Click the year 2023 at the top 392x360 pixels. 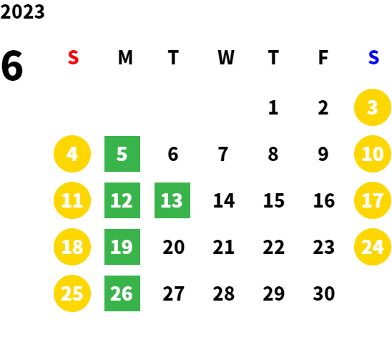click(x=22, y=11)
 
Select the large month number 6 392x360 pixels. click(x=11, y=66)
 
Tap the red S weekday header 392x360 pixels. click(x=73, y=57)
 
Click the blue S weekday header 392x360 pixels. click(x=373, y=57)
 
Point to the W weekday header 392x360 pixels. click(x=226, y=57)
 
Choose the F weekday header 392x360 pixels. click(x=323, y=57)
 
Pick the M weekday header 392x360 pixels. click(x=125, y=57)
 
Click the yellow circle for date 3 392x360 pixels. click(x=373, y=107)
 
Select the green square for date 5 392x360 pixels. click(x=122, y=154)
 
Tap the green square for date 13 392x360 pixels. click(x=172, y=200)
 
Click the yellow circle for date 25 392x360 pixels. click(x=72, y=293)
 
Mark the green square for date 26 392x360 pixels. click(x=122, y=293)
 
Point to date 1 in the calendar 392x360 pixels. click(x=273, y=107)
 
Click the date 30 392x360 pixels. click(x=323, y=293)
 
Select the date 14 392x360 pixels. click(x=224, y=200)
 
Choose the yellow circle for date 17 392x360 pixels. click(x=373, y=200)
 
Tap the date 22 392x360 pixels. click(x=273, y=247)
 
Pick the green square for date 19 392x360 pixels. click(x=122, y=247)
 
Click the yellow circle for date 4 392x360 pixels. click(x=72, y=154)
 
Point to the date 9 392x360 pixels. click(x=323, y=154)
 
